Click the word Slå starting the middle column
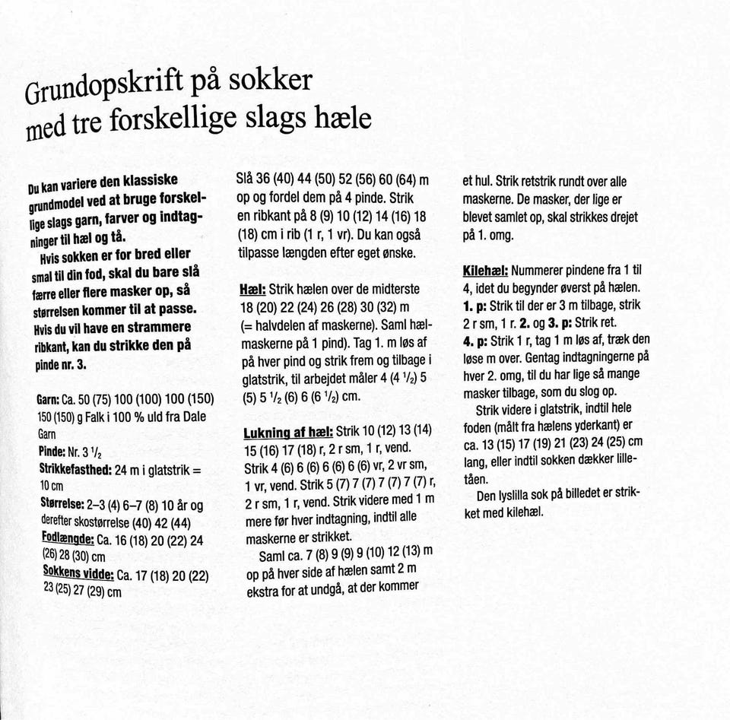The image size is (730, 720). click(x=249, y=179)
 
